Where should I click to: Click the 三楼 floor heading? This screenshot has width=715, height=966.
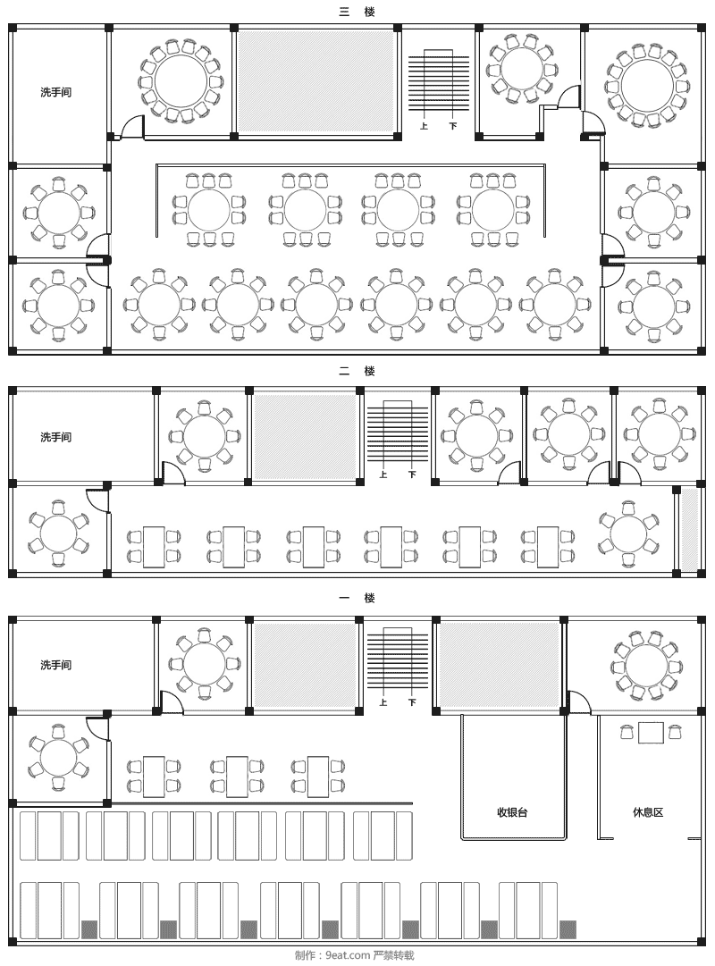(357, 11)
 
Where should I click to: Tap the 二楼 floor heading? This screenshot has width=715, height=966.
(357, 371)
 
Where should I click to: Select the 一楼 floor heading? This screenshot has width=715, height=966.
(357, 598)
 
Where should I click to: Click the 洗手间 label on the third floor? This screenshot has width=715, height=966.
(56, 92)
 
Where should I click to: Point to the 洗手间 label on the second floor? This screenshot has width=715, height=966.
(56, 437)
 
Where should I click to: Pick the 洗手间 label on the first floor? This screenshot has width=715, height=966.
(56, 666)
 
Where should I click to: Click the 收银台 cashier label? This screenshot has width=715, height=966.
(513, 812)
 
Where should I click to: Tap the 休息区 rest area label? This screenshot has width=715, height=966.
(649, 812)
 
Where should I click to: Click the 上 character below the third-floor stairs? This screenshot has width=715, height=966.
(424, 126)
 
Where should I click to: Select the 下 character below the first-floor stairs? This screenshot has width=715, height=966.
(412, 702)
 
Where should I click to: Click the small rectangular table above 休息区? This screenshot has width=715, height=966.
(651, 733)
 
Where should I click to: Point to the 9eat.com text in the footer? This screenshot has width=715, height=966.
(349, 955)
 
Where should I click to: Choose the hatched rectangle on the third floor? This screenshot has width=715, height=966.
(315, 81)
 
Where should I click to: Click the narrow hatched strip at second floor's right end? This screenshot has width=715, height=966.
(690, 530)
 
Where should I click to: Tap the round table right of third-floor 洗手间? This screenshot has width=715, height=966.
(181, 80)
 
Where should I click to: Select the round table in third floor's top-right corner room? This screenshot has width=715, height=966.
(646, 85)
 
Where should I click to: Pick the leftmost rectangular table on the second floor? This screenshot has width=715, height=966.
(154, 547)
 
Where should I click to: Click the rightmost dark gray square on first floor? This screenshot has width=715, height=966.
(568, 929)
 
